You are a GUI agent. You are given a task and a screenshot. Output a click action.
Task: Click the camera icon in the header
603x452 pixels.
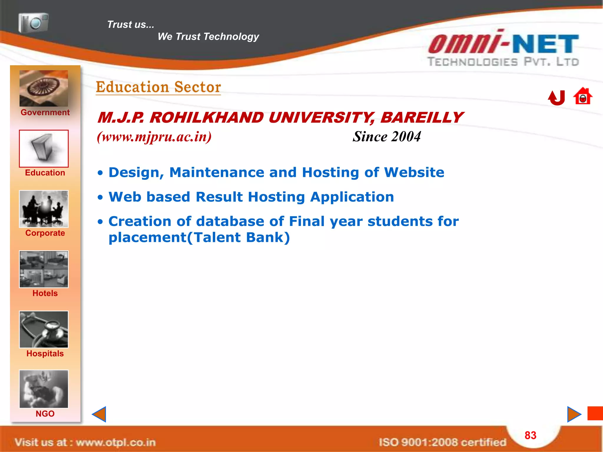(33, 23)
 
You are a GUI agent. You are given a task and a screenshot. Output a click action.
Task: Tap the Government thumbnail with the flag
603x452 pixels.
(44, 88)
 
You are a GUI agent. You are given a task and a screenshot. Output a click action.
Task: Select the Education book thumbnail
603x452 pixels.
(44, 149)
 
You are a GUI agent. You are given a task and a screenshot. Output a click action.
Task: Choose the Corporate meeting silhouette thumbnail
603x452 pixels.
(44, 209)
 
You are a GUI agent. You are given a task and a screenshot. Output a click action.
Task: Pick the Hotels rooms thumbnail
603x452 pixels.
(44, 269)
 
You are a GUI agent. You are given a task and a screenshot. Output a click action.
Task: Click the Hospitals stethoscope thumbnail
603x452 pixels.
(44, 330)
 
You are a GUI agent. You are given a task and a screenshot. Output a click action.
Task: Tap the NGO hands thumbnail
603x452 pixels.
(44, 389)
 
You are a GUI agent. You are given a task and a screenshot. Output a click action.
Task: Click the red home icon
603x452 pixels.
(583, 97)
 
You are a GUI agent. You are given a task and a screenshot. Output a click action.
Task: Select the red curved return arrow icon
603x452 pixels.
(557, 98)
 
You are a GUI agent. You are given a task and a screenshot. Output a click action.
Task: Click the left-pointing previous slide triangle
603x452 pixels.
(99, 414)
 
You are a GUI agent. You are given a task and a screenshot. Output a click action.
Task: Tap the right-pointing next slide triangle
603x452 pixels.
(574, 414)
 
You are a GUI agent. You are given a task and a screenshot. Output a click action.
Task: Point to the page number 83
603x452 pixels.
(531, 435)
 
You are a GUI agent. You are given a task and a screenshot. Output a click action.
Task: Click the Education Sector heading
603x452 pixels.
(158, 87)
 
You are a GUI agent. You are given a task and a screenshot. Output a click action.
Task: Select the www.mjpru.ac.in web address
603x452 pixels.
(154, 137)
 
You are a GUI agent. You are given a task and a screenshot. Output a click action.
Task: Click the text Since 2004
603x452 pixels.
(387, 137)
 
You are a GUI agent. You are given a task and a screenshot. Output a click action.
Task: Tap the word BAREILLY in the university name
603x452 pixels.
(421, 118)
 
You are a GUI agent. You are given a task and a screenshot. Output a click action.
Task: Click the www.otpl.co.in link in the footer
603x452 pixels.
(116, 442)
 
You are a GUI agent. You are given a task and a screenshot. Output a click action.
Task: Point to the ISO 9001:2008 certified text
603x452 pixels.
(442, 442)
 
